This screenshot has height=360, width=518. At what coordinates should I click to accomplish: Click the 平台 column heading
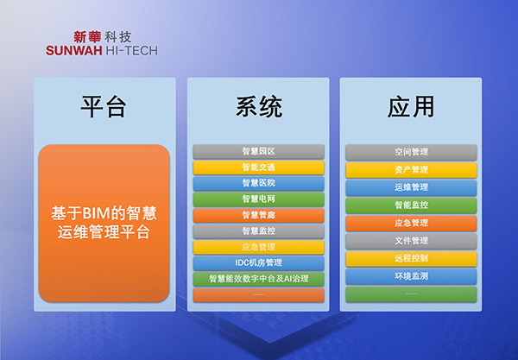pos(104,106)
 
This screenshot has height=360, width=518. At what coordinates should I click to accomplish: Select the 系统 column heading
pos(258,106)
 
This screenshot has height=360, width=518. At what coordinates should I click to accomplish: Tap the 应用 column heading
pos(411,106)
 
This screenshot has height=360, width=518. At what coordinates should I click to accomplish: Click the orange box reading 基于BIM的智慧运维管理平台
pos(104,223)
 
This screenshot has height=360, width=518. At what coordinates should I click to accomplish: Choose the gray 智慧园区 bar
pos(258,152)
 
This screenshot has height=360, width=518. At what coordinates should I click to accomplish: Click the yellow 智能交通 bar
pos(258,167)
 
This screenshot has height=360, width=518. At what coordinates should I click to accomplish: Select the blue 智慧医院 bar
pos(258,183)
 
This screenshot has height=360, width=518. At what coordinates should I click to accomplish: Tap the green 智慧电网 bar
pos(258,199)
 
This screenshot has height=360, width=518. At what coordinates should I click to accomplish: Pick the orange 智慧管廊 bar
pos(258,215)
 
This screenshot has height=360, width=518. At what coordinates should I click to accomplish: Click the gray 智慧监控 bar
pos(258,231)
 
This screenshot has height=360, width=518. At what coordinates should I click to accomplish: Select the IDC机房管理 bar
pos(258,262)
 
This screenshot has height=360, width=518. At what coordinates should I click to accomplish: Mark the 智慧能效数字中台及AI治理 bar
pos(258,279)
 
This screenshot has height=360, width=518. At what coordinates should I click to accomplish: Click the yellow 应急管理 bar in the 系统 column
pos(258,247)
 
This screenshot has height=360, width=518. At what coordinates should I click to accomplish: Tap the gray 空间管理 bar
pos(411,152)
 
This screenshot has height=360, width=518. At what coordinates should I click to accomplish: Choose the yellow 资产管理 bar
pos(411,170)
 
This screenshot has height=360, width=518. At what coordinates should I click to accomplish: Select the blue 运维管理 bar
pos(411,187)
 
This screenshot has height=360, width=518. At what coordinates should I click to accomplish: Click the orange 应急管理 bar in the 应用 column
pos(411,223)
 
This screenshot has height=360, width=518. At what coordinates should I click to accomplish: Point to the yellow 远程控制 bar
pos(411,258)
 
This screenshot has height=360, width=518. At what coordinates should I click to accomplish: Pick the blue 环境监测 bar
pos(411,276)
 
